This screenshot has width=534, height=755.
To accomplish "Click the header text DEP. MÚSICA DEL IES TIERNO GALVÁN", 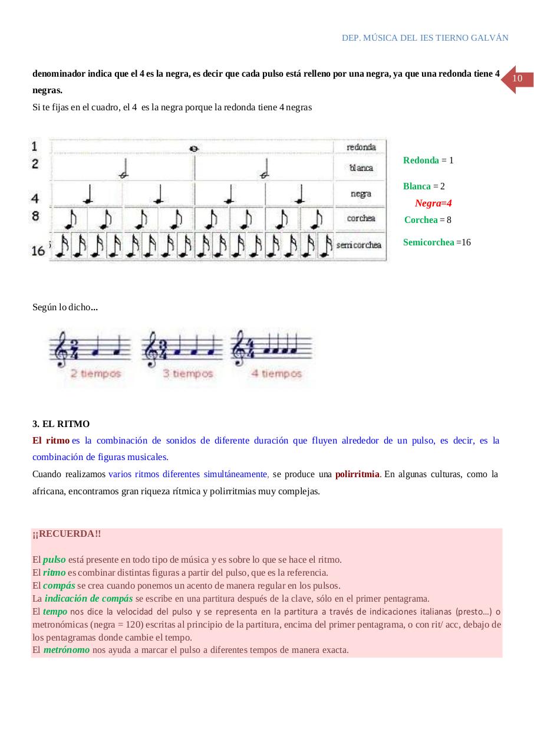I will click(424, 38).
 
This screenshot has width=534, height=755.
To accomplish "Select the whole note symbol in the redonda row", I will click(193, 149).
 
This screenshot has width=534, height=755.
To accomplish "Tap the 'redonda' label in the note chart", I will click(361, 147).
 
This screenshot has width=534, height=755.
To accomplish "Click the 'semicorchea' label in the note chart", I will click(359, 244).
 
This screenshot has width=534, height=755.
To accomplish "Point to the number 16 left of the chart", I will click(38, 251).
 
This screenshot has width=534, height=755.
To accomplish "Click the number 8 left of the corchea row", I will click(36, 216).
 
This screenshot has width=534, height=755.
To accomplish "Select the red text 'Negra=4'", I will click(433, 203).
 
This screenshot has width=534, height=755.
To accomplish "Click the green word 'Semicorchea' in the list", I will click(428, 242).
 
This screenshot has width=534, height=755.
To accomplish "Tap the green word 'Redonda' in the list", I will click(421, 160).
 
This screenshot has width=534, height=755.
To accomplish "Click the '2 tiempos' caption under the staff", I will click(95, 373).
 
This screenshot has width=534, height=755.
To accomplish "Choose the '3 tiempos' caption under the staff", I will click(188, 373).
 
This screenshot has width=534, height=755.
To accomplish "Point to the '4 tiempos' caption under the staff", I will click(276, 373).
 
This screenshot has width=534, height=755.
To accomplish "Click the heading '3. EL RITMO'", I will click(61, 424).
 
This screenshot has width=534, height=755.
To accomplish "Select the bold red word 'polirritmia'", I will click(357, 474).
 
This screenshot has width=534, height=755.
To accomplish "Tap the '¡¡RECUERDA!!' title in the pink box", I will click(67, 534).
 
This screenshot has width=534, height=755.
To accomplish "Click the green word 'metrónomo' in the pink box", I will click(66, 650).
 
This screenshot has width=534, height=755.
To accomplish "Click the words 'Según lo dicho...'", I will click(65, 307).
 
